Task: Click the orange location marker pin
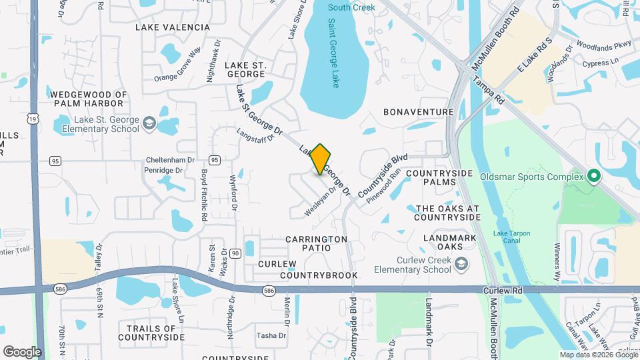(321, 159)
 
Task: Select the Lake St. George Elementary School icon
(150, 123)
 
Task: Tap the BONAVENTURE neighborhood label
(419, 112)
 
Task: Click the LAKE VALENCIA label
(172, 27)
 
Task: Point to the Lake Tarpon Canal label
(512, 237)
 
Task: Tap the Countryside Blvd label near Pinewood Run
(382, 176)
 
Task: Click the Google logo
(22, 351)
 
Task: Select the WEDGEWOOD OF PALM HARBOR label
(87, 99)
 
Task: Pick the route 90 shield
(235, 253)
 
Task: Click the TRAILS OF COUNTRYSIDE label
(151, 332)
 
